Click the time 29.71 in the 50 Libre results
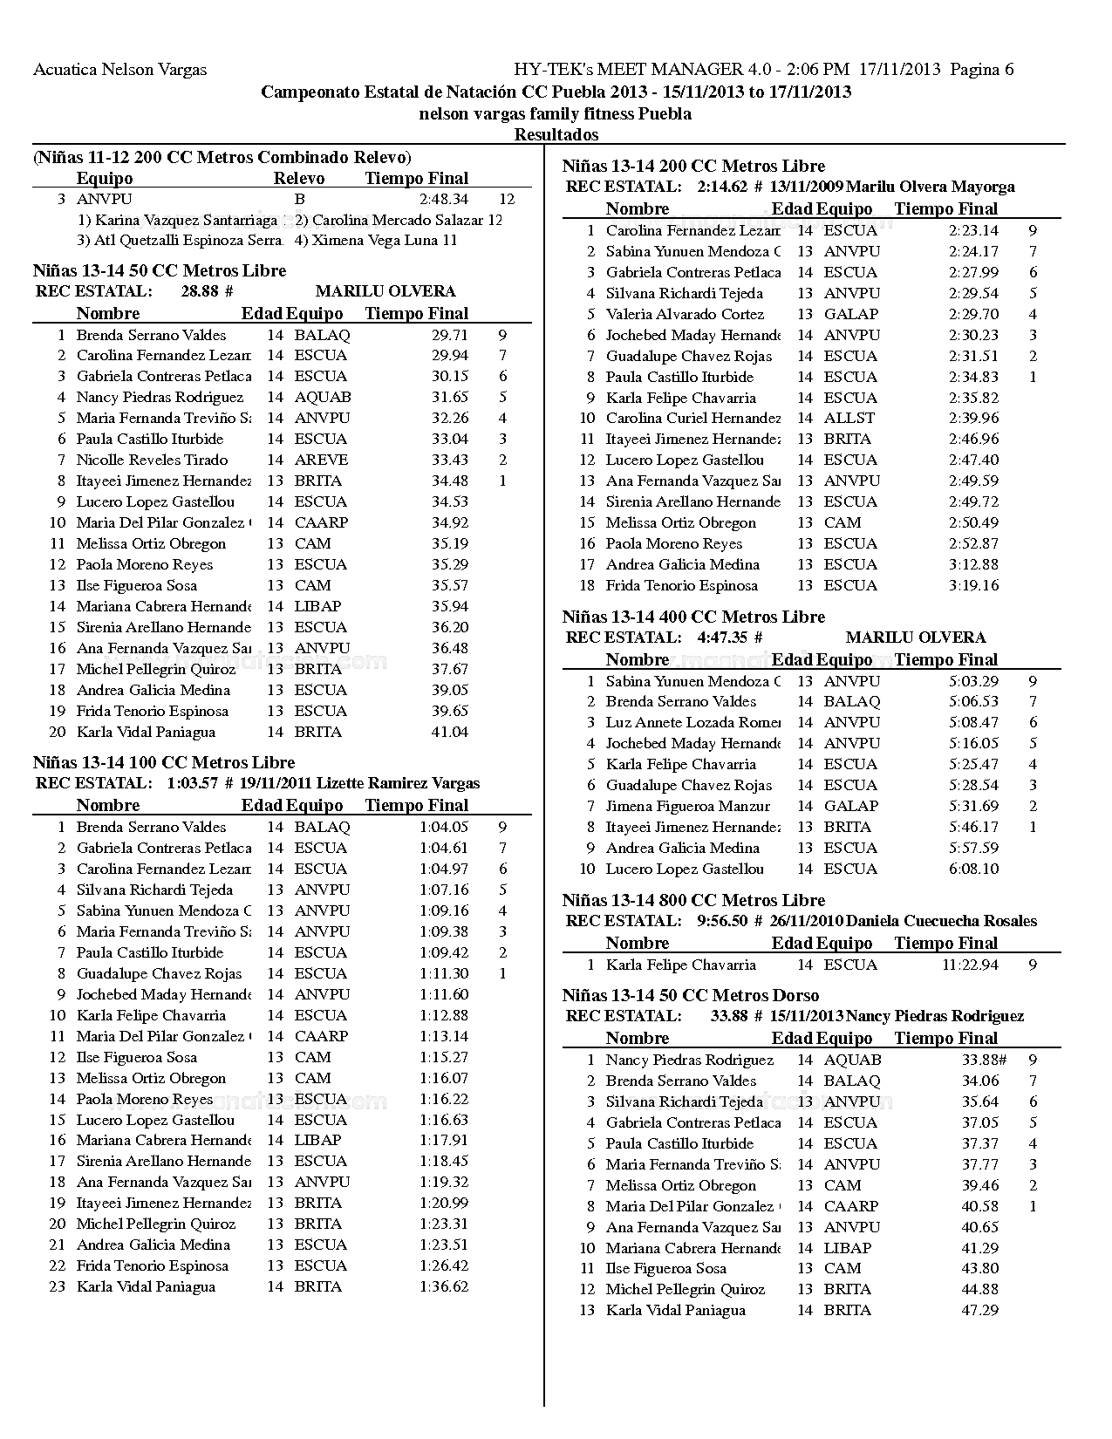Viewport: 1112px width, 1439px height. tap(449, 335)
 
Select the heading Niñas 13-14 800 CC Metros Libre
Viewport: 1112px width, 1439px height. tap(693, 900)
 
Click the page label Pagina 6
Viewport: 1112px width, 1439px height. tap(982, 70)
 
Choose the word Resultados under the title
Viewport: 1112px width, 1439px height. tap(556, 134)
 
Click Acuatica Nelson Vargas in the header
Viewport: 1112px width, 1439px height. tap(120, 70)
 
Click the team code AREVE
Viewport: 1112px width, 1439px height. tap(321, 460)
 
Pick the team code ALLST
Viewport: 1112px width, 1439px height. tap(849, 419)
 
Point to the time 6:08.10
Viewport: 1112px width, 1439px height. tap(973, 869)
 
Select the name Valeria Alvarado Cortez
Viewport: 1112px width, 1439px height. tap(685, 314)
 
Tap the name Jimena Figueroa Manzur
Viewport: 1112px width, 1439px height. tap(688, 806)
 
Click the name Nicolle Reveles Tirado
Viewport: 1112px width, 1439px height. tap(152, 460)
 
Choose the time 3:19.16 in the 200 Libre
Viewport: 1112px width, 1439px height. tap(973, 585)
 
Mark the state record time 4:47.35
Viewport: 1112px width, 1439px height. tap(722, 638)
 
